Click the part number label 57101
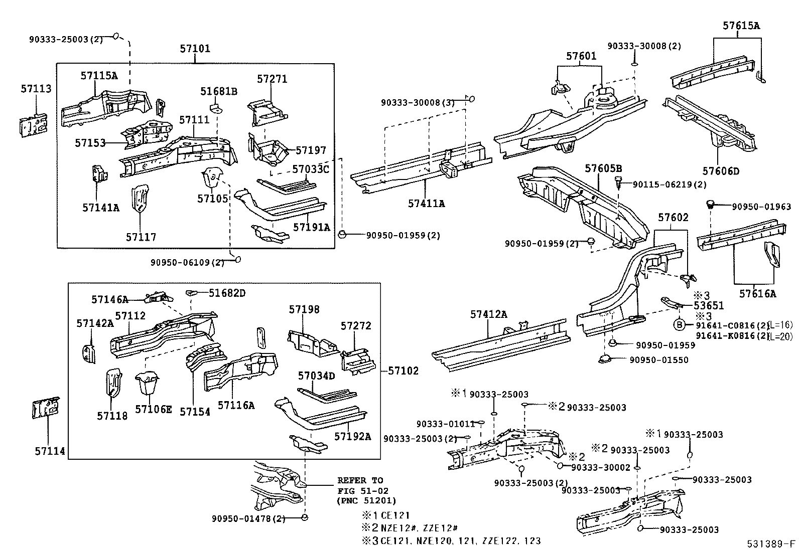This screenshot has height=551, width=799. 195,49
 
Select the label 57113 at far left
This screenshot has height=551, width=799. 36,89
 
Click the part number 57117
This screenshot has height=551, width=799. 141,237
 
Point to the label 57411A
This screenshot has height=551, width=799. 426,203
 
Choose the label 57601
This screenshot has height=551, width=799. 581,56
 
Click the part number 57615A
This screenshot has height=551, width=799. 741,26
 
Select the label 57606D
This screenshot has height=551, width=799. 720,171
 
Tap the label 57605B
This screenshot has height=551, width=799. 603,167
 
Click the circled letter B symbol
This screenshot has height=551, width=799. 679,324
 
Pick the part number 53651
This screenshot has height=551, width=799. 709,305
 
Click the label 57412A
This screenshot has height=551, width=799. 488,314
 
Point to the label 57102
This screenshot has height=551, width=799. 403,371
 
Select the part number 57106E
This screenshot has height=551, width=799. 153,410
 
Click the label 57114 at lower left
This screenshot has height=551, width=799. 50,451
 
